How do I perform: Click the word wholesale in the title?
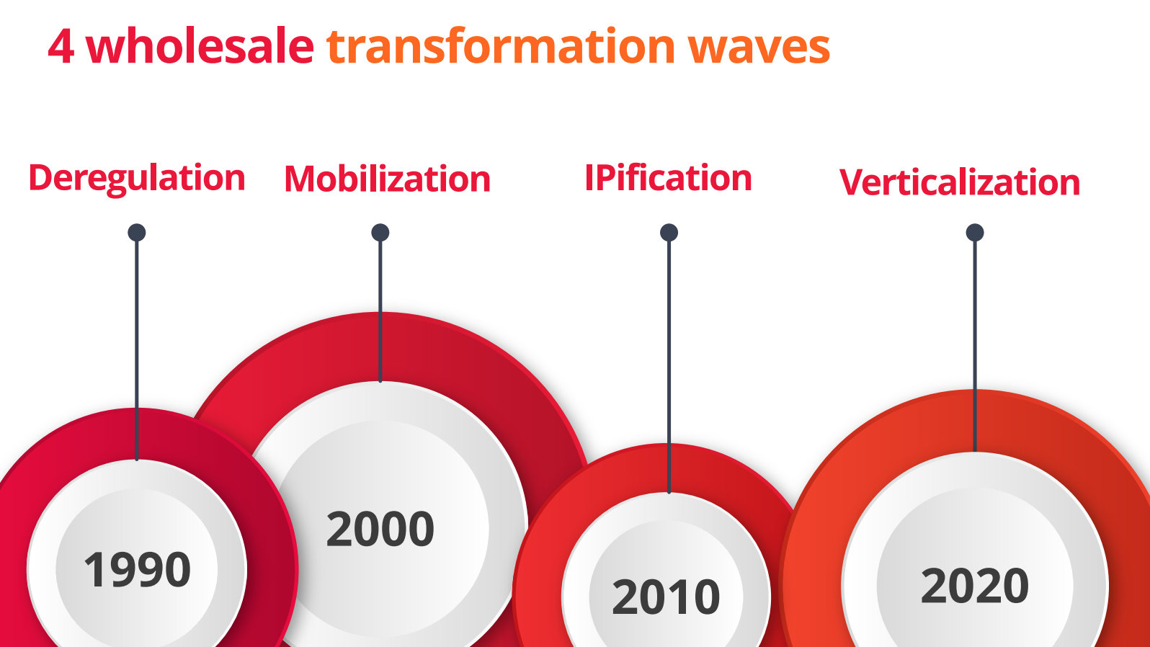(200, 46)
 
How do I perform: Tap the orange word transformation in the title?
(501, 47)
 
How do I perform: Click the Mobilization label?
(388, 179)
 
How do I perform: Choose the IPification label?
(669, 178)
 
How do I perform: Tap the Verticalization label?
(960, 182)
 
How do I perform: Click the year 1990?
(137, 569)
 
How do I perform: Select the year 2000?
(380, 529)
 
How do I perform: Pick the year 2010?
(666, 597)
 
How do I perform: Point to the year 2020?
(975, 586)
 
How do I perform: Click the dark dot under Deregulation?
(137, 233)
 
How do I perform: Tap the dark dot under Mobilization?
(380, 233)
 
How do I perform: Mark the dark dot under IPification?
(669, 233)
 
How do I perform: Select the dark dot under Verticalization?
(975, 233)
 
